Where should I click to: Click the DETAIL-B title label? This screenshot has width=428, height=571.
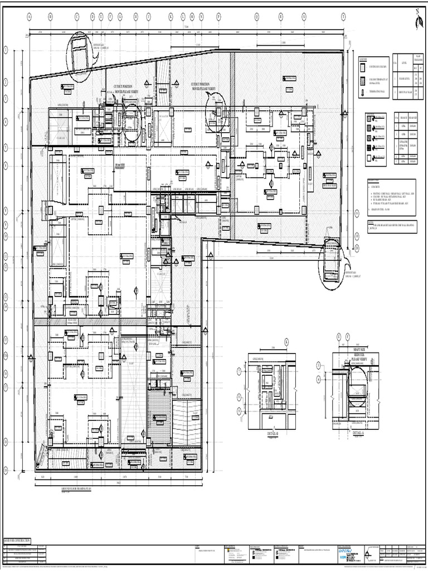click(x=269, y=433)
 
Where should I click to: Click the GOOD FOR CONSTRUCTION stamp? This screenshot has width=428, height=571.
click(x=18, y=540)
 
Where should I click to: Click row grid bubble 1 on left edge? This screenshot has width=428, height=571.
click(x=6, y=50)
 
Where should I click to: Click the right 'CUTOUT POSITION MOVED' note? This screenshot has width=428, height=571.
click(x=203, y=86)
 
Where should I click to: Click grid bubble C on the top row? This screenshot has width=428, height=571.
click(x=77, y=17)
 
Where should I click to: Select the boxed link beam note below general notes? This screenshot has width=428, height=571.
click(x=388, y=226)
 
